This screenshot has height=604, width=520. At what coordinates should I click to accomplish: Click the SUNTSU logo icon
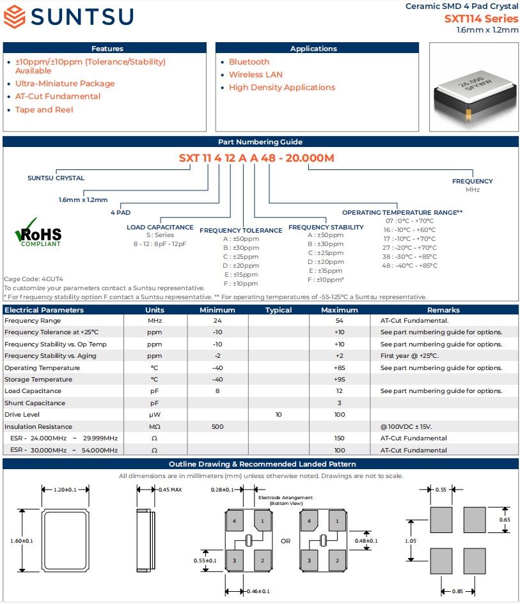(x=13, y=17)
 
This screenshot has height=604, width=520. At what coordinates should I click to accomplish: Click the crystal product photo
(x=473, y=88)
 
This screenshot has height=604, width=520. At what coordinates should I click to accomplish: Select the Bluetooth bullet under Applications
(x=249, y=62)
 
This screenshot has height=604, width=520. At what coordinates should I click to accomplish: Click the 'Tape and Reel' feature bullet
(x=44, y=110)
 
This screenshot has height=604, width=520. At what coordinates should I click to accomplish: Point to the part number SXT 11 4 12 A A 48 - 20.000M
(x=256, y=159)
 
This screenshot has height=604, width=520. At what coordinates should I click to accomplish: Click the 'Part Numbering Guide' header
(x=260, y=142)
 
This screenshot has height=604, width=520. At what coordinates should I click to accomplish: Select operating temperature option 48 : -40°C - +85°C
(x=410, y=265)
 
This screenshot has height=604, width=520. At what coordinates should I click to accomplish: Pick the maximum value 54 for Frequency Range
(x=339, y=321)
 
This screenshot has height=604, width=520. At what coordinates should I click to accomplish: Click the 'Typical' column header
(x=278, y=310)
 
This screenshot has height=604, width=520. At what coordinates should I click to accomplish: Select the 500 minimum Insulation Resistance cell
(x=217, y=426)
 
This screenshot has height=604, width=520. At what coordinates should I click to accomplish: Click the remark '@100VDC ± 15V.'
(x=406, y=426)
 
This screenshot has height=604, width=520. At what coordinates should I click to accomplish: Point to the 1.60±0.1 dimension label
(x=22, y=541)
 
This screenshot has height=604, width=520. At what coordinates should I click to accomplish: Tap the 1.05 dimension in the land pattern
(x=411, y=541)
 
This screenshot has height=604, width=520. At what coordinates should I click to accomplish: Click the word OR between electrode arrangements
(x=285, y=541)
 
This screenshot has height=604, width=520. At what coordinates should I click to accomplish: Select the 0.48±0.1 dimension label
(x=366, y=541)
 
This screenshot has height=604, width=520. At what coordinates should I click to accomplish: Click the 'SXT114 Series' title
(x=481, y=19)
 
